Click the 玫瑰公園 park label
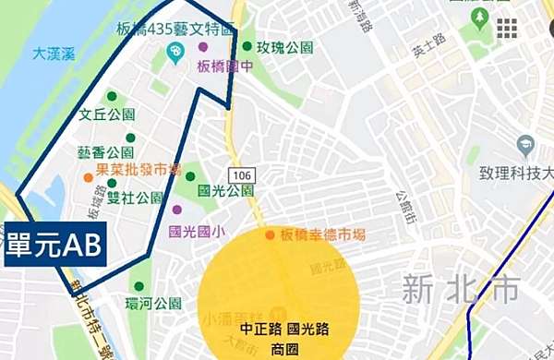pos(284,47)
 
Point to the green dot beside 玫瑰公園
pos(247,46)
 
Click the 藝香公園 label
pos(106,152)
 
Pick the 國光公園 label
pos(225,191)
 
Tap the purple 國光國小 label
pos(198,232)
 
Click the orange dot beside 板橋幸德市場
pos(270,235)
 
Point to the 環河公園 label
pos(154,304)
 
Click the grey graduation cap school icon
pos(525,144)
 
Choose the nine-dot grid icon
pos(507,30)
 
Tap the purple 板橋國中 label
pos(225,66)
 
